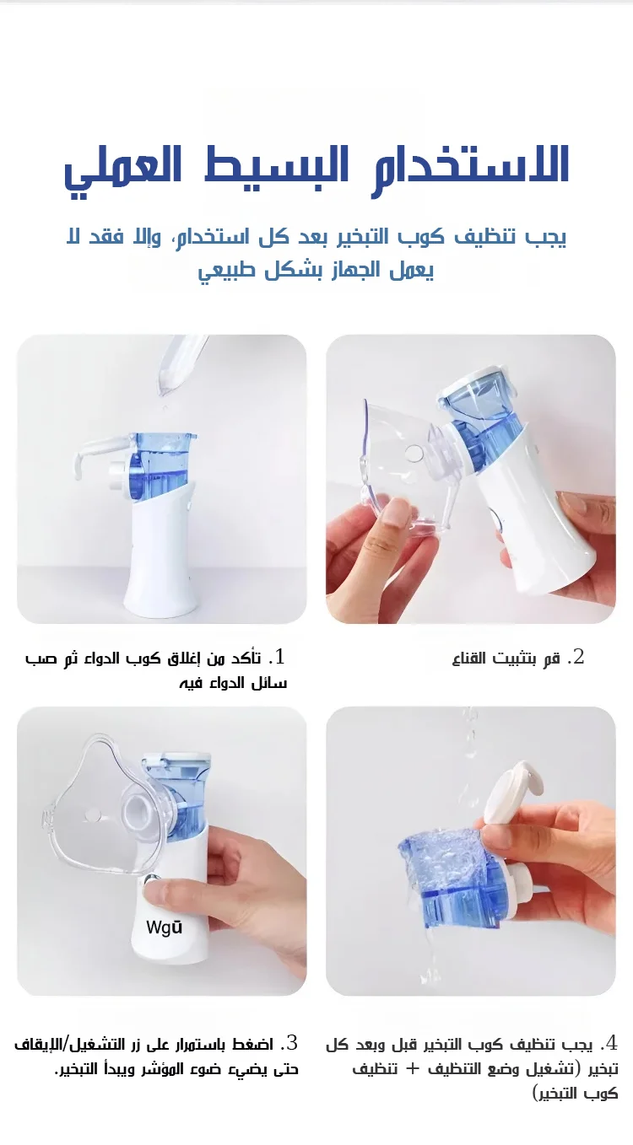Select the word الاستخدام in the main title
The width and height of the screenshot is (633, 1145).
(470, 167)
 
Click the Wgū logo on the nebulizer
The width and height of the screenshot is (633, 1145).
(165, 927)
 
